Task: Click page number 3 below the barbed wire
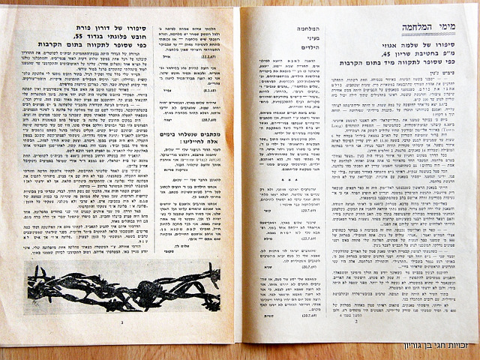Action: tap(121, 323)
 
